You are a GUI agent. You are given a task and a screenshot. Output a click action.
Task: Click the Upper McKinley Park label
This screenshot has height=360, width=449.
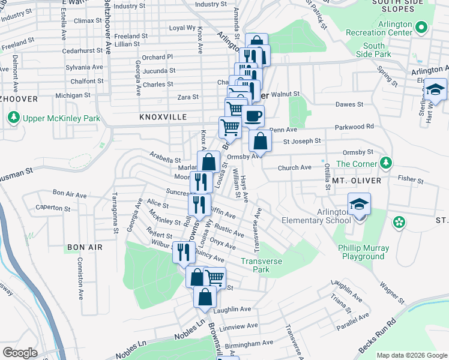coord(61,118)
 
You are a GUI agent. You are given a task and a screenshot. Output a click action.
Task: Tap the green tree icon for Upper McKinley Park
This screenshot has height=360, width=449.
coord(14,118)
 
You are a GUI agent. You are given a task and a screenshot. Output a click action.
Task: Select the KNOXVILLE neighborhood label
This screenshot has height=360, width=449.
coord(163,117)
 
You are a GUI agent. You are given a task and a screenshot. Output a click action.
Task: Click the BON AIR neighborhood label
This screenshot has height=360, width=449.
coord(85,247)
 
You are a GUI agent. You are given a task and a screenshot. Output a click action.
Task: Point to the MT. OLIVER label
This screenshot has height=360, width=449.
coord(353,179)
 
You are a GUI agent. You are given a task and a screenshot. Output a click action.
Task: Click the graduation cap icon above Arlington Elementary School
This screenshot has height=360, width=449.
coord(359,205)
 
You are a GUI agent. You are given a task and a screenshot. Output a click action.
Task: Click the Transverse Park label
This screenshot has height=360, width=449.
coord(261,265)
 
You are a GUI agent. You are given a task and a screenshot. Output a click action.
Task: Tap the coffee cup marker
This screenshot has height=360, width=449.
coord(253,116)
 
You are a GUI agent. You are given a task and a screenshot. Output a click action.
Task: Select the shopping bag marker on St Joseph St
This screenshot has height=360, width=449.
coord(260,142)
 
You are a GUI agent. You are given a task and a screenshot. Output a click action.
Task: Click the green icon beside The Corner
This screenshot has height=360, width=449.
coord(387,163)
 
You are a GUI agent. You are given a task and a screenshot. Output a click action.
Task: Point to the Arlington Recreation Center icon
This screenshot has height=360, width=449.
coord(421,28)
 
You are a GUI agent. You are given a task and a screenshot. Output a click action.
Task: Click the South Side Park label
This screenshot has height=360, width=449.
coord(374,50)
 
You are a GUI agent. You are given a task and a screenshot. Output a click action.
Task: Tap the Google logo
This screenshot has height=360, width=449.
coord(19,353)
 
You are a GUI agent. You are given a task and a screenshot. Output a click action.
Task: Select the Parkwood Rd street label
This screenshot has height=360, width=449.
coord(354,127)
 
